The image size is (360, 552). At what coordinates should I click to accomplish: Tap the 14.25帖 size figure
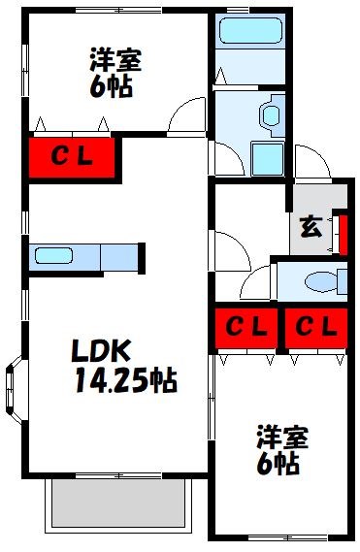pyautogui.click(x=124, y=381)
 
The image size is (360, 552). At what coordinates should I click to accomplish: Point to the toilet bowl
pyautogui.click(x=319, y=282)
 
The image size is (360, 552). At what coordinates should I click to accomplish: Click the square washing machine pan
pyautogui.click(x=265, y=158)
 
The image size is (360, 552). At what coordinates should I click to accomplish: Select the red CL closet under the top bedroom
pyautogui.click(x=72, y=155)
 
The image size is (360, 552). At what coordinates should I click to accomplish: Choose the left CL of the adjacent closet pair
pyautogui.click(x=246, y=328)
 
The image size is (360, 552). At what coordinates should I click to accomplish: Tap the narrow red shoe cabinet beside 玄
pyautogui.click(x=342, y=230)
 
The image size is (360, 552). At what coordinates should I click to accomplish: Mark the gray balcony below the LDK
pyautogui.click(x=116, y=503)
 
